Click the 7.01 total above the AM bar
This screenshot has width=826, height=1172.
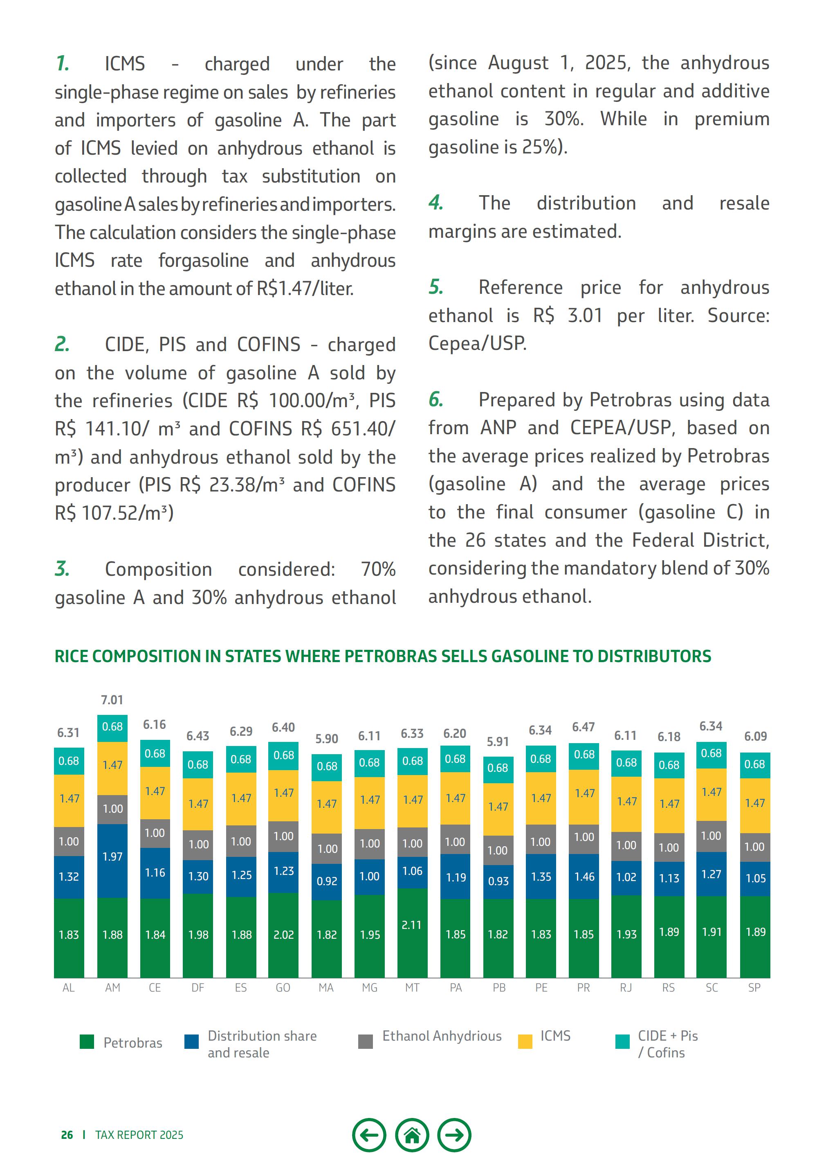pos(112,700)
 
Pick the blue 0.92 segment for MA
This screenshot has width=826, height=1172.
pos(327,881)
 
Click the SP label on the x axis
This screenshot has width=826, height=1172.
pos(754,988)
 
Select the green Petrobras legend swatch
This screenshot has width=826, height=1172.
pos(87,1042)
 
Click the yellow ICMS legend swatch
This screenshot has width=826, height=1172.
pos(525,1041)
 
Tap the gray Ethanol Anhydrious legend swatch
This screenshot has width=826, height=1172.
pos(365,1041)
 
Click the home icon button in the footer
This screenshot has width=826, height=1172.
pos(412,1135)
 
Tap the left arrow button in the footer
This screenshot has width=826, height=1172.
pos(369,1135)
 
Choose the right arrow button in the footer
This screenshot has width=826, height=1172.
pos(454,1135)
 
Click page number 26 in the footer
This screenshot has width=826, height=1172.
pos(67,1135)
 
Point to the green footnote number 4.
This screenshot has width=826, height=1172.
pos(435,203)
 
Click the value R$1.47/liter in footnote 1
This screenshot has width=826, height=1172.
pos(305,289)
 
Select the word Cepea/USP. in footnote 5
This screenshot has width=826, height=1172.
pos(477,343)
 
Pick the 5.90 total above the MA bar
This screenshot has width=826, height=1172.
pos(327,739)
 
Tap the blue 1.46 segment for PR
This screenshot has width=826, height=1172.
pos(584,877)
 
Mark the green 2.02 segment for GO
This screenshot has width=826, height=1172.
pos(284,935)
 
